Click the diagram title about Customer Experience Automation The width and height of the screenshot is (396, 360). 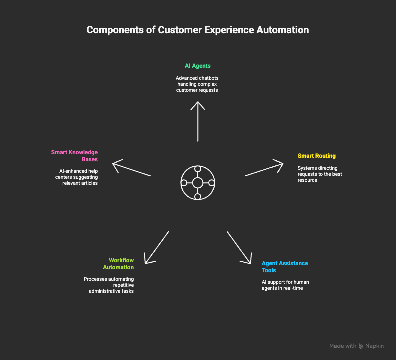click(198, 30)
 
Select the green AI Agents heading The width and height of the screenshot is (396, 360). click(198, 66)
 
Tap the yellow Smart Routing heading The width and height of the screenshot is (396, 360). click(317, 156)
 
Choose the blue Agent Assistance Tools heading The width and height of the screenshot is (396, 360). click(285, 266)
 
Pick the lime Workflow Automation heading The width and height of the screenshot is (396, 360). click(121, 263)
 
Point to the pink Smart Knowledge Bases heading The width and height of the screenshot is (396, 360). click(74, 155)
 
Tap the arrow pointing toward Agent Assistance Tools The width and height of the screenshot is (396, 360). click(239, 247)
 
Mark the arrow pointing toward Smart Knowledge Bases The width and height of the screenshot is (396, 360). click(131, 168)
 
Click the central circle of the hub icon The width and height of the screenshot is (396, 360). click(198, 183)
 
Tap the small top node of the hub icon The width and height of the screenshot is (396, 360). click(198, 169)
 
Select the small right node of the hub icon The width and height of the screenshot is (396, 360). click(212, 183)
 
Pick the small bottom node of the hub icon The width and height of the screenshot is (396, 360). click(198, 197)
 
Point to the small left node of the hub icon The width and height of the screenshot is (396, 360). click(184, 183)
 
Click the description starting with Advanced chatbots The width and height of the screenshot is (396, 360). click(198, 84)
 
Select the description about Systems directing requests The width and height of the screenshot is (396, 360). click(320, 174)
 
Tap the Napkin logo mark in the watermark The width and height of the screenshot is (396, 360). click(361, 346)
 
